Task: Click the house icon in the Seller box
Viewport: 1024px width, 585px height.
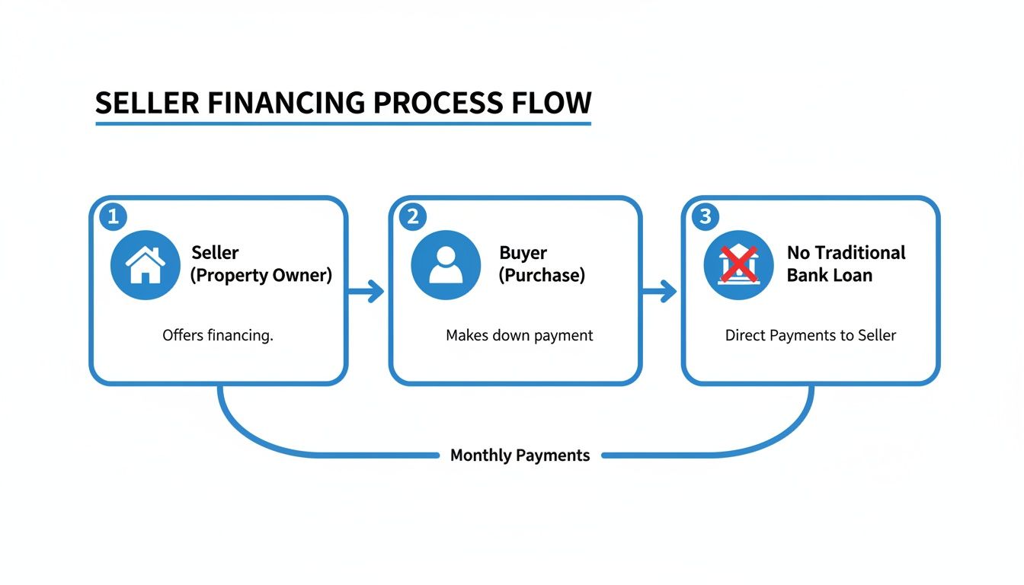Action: [145, 265]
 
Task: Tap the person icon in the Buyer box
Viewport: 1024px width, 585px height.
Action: [446, 265]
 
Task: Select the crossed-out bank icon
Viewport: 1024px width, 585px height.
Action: [738, 265]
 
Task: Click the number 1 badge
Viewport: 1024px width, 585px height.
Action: [113, 217]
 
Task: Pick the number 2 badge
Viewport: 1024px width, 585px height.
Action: [413, 217]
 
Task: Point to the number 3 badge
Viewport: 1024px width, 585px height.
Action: [706, 217]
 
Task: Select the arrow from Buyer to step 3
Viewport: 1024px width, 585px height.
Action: [660, 291]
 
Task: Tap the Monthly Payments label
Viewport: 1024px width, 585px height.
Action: [520, 456]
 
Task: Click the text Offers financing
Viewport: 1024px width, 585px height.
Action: [217, 335]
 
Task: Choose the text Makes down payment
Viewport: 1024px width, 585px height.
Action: [519, 335]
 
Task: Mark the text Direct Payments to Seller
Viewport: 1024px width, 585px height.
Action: [811, 335]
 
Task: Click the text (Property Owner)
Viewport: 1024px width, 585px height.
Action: [261, 276]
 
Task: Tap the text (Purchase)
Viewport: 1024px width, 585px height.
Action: [542, 276]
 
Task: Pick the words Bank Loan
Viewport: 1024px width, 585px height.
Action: [829, 276]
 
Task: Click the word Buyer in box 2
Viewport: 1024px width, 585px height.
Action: [523, 253]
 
